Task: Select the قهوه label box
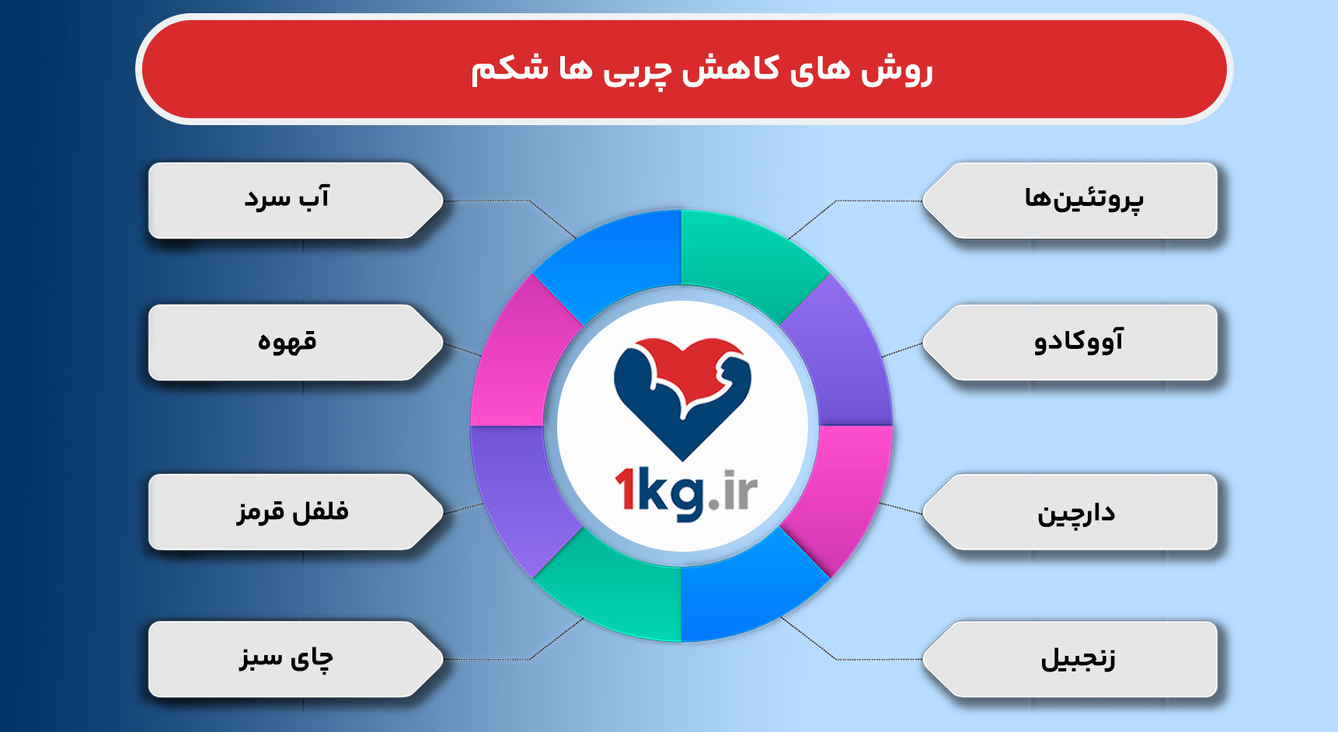point(295,343)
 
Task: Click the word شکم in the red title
point(497,69)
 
